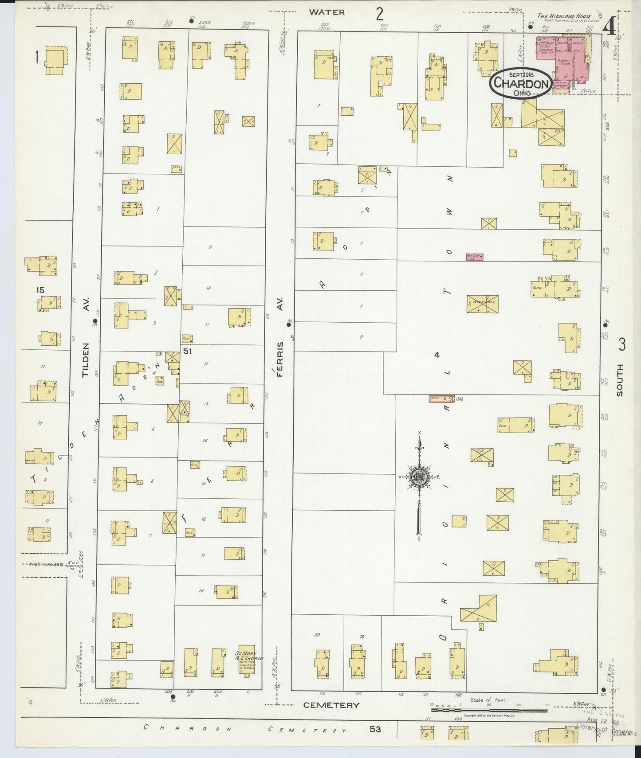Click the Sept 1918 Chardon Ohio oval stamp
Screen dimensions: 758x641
(520, 82)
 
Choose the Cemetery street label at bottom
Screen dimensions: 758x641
(331, 705)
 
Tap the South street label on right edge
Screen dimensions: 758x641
(619, 380)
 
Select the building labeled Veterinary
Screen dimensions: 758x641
(482, 304)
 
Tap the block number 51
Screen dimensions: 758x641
(187, 351)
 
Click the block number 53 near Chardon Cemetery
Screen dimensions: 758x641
(375, 729)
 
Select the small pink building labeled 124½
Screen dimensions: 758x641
(440, 399)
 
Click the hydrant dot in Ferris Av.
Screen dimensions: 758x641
(288, 324)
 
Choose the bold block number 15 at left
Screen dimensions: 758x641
(40, 290)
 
